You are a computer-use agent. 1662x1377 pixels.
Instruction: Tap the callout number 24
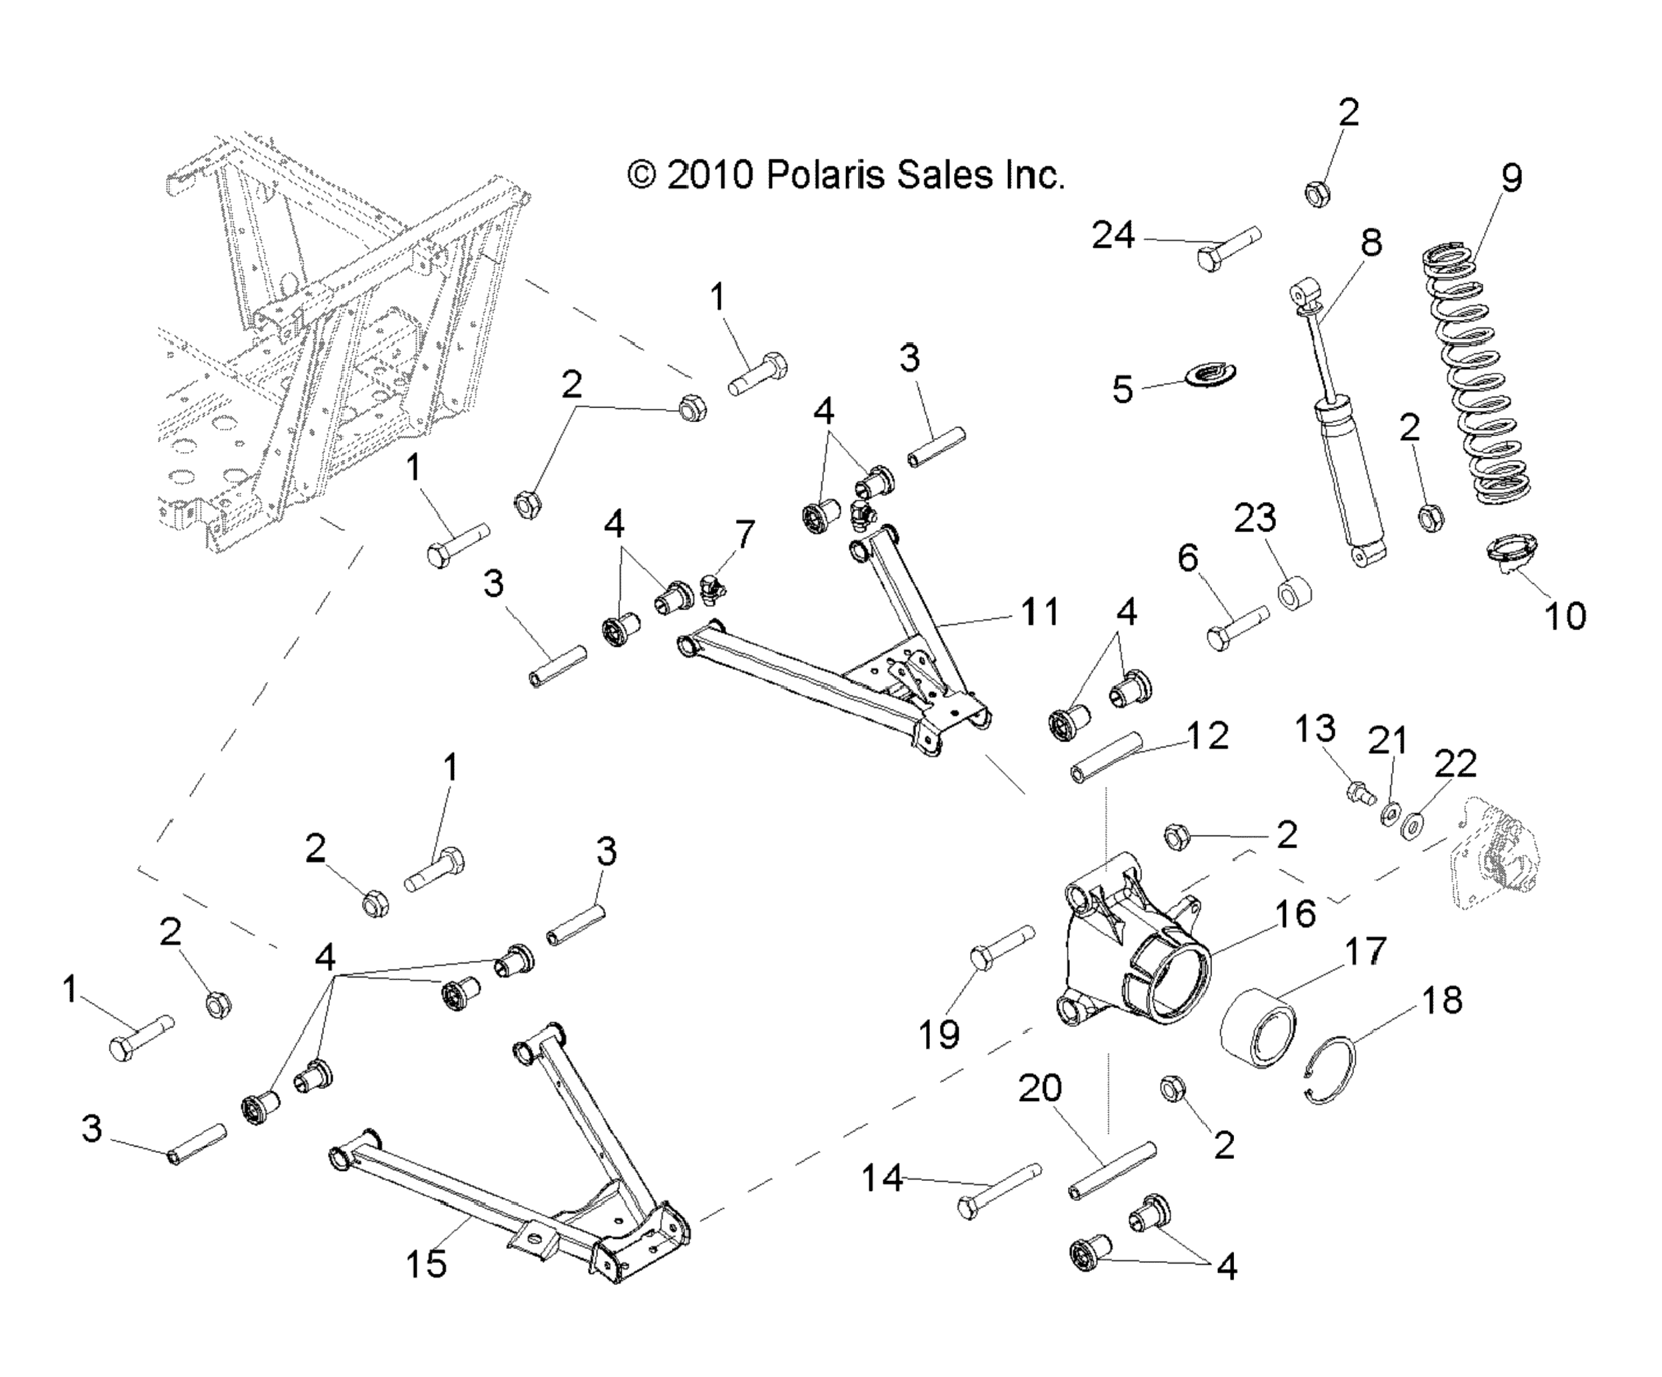coord(1113,236)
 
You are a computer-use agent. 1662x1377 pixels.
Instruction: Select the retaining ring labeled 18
coord(1331,1070)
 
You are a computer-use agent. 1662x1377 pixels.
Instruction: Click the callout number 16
coord(1295,914)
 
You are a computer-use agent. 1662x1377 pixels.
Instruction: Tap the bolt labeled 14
coord(999,1190)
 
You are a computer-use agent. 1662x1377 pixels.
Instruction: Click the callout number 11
coord(1040,611)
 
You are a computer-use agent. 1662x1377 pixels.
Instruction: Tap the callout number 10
coord(1565,615)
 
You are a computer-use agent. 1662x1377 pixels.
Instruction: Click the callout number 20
coord(1040,1089)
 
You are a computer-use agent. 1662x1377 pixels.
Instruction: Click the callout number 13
coord(1315,728)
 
